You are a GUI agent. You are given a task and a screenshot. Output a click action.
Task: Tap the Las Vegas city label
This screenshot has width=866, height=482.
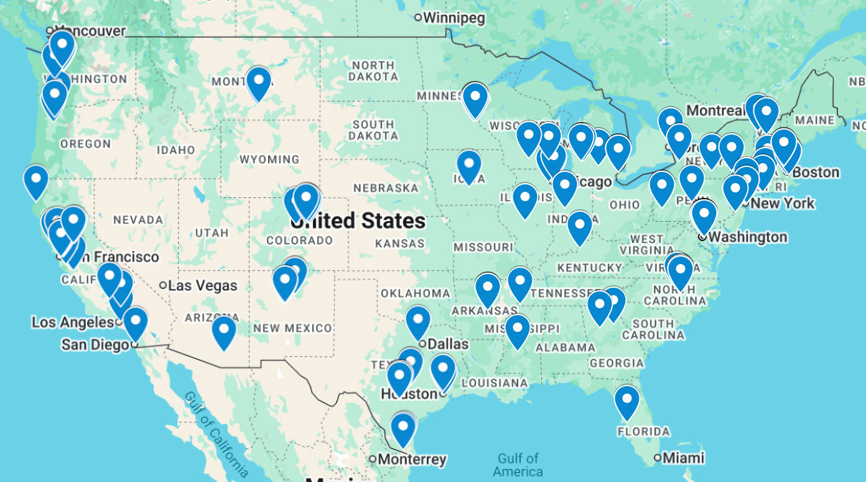202,286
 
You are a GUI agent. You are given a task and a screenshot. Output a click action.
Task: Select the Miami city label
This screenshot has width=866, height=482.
683,458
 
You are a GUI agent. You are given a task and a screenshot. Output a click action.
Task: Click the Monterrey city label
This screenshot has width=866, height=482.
412,460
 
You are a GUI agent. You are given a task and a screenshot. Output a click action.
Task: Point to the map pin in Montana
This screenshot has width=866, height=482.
258,82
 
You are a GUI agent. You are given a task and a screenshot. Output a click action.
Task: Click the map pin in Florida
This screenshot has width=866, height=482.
626,401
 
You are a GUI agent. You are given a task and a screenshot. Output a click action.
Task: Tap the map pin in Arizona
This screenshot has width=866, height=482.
224,331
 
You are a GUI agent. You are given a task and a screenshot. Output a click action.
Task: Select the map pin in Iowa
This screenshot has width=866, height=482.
469,166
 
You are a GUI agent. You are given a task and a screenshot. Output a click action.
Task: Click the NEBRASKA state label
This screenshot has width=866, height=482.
386,188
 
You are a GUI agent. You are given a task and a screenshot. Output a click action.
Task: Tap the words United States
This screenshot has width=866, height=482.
359,221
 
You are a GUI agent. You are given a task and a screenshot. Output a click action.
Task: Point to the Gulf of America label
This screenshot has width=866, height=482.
518,465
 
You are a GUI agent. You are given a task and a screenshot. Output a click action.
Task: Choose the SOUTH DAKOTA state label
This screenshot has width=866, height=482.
373,130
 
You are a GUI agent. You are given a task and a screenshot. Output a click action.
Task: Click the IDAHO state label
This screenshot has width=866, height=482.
176,150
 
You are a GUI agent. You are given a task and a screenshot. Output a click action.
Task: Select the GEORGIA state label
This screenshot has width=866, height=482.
617,363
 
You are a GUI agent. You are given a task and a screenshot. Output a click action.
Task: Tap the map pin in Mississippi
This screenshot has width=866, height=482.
517,329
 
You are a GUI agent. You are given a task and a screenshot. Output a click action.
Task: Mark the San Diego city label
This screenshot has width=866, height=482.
95,344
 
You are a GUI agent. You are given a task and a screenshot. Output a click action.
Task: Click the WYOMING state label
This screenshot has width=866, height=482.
269,159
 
